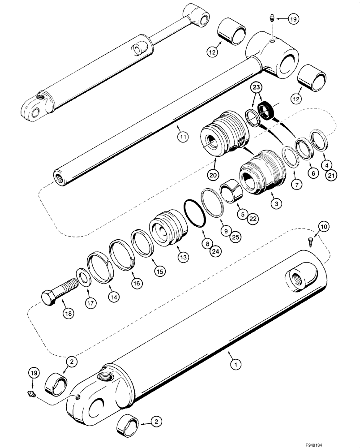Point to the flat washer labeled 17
83,276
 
